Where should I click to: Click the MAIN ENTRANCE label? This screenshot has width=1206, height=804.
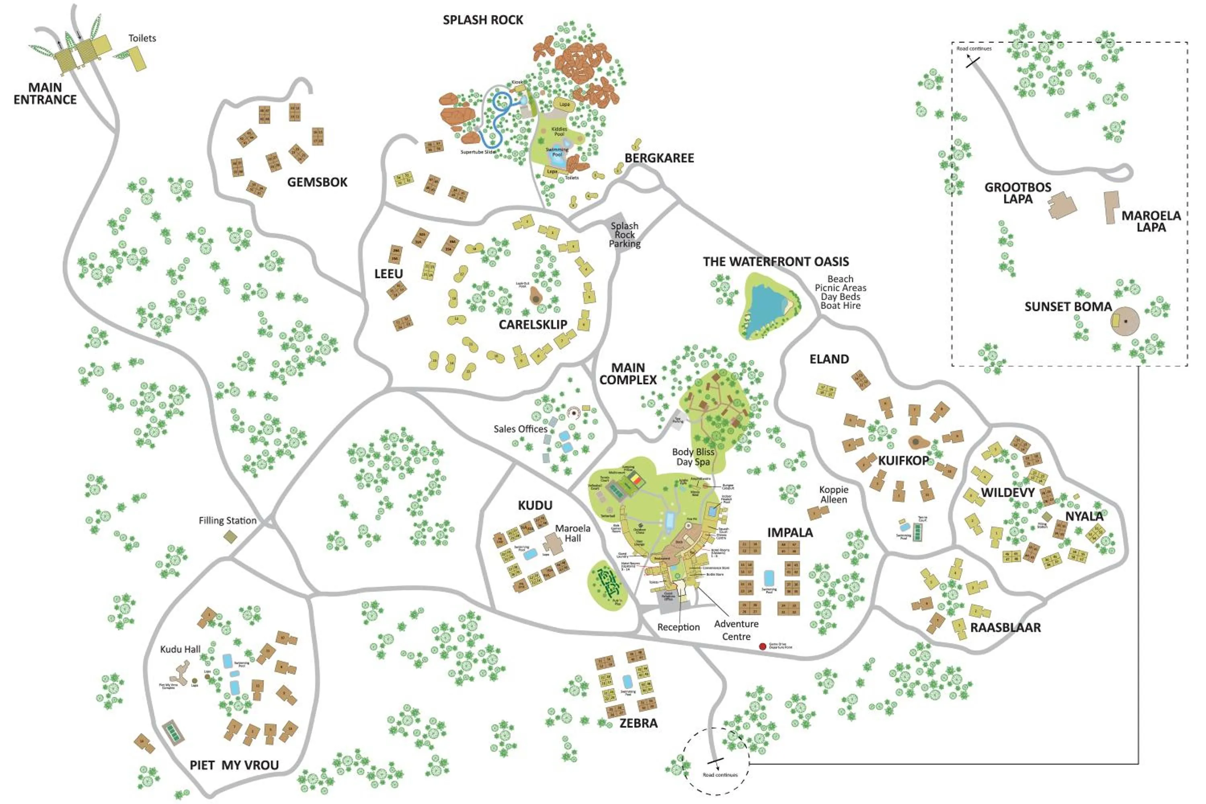click(45, 94)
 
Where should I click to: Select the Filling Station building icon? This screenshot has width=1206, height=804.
click(230, 537)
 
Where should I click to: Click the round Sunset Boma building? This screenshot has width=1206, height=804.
click(1125, 322)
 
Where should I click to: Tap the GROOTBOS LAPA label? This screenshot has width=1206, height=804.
click(1017, 193)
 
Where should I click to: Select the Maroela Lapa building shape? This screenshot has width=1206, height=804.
click(1111, 207)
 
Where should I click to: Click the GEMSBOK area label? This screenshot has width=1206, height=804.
click(317, 182)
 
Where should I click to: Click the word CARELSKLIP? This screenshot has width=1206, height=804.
click(533, 324)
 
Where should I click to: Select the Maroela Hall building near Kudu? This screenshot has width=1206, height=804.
click(553, 544)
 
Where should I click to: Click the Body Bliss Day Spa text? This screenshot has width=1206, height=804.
click(693, 456)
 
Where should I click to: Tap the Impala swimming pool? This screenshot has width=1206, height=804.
click(769, 578)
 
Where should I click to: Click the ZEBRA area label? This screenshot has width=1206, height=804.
click(638, 723)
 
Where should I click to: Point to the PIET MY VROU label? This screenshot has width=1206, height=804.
click(234, 765)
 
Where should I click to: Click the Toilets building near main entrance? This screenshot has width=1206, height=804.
click(137, 58)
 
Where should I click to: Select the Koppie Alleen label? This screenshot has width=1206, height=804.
click(833, 494)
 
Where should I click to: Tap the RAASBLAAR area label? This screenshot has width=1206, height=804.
click(1005, 628)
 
